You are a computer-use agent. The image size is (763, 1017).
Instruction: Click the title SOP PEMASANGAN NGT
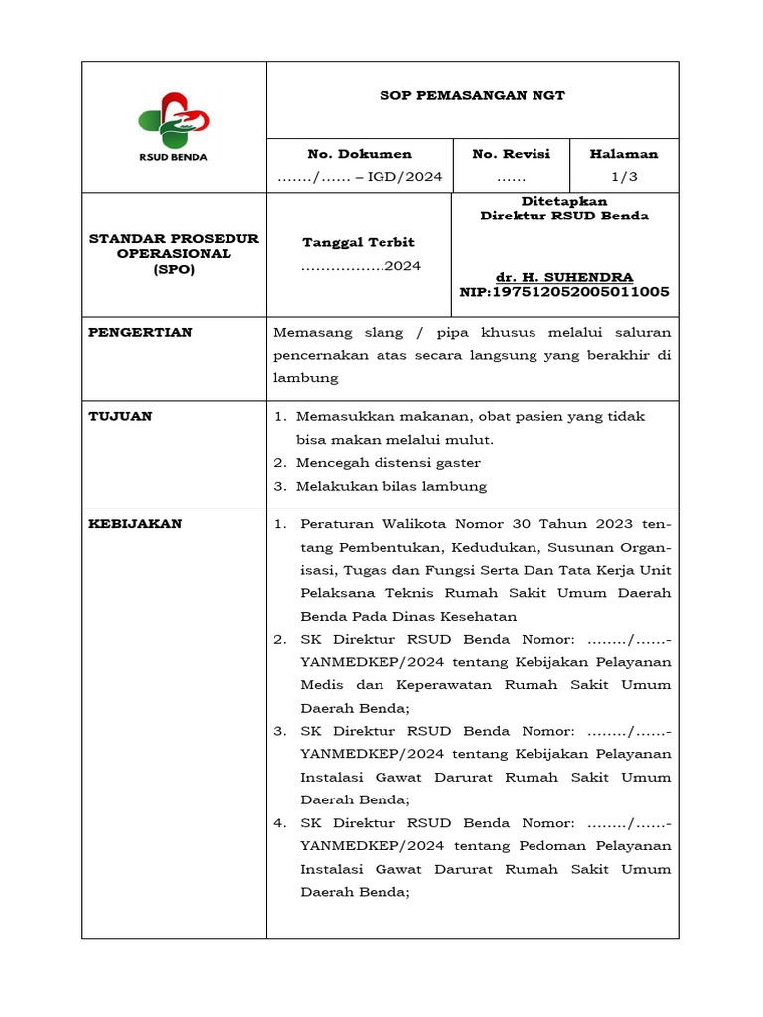point(472,96)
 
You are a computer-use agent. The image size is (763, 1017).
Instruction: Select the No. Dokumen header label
point(360,154)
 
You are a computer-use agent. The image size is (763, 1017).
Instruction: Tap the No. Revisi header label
point(511,154)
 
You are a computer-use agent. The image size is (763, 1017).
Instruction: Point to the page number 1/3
point(624,177)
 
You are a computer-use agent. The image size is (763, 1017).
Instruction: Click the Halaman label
point(624,154)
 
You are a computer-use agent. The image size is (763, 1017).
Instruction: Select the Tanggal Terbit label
point(359,242)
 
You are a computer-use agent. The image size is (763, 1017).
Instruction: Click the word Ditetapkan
point(564,201)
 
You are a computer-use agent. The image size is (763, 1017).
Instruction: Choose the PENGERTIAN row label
point(140,332)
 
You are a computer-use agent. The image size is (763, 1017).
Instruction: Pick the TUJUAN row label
point(120,416)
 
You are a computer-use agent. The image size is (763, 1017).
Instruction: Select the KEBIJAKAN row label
point(135,524)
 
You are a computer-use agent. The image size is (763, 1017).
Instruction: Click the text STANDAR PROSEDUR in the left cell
point(174,239)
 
